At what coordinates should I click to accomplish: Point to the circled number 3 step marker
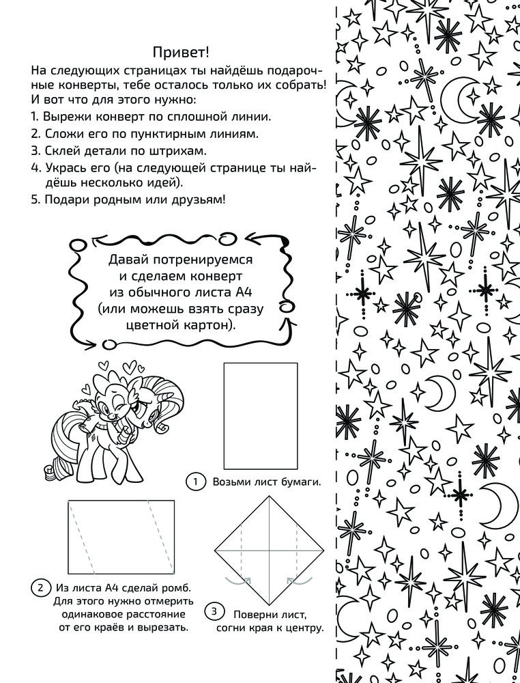pyautogui.click(x=214, y=611)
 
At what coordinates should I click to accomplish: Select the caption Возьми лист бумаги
pyautogui.click(x=267, y=482)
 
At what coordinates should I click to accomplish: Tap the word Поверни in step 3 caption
pyautogui.click(x=256, y=614)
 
